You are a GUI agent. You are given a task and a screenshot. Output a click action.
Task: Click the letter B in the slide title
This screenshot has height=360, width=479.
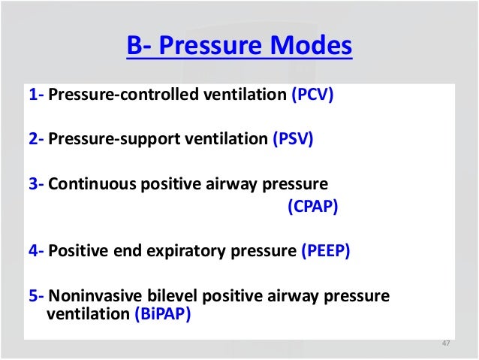(x=134, y=47)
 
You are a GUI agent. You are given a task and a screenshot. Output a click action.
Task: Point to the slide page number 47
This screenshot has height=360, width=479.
(x=445, y=343)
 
